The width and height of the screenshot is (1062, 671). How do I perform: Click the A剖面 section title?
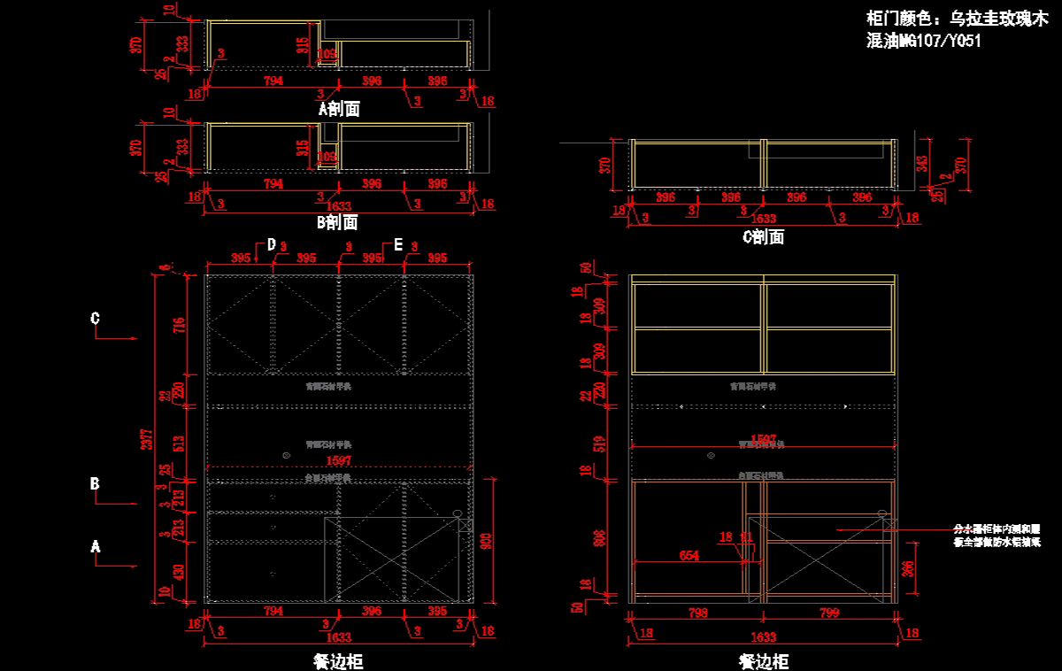(339, 109)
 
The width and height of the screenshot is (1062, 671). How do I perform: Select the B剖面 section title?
(338, 222)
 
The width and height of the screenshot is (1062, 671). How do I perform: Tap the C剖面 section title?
(763, 237)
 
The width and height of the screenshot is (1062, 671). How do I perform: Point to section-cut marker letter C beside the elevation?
(96, 319)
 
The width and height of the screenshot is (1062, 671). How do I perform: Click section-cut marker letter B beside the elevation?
(95, 484)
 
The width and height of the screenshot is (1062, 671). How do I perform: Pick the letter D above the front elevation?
(272, 245)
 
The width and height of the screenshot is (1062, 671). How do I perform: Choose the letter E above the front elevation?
(398, 245)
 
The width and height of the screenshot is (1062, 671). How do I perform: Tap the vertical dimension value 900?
(485, 542)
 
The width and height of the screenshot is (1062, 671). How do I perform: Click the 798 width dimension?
(696, 613)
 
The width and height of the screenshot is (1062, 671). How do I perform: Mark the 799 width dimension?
(829, 613)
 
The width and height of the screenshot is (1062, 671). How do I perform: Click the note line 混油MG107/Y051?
(924, 40)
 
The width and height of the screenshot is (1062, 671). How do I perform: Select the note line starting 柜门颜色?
(956, 18)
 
